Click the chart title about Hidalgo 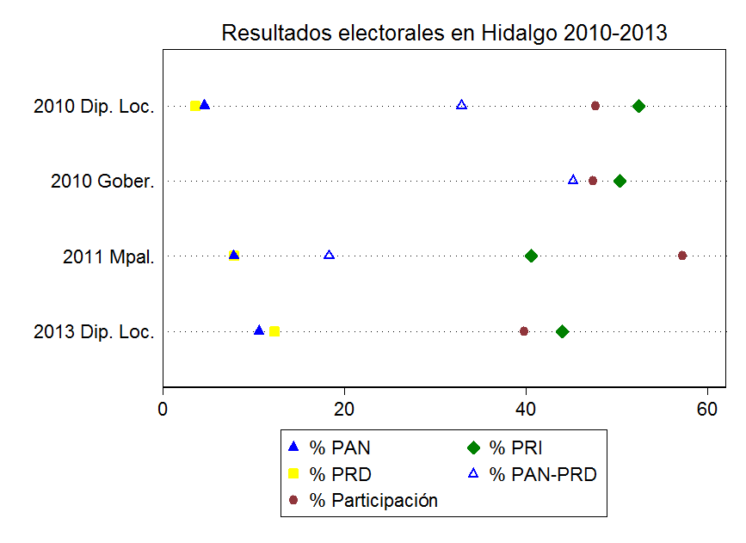click(x=445, y=34)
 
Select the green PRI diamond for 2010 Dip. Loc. click(x=638, y=106)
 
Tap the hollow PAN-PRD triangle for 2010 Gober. click(x=573, y=180)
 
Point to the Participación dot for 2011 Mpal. click(x=682, y=256)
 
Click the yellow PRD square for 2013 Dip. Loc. click(x=274, y=331)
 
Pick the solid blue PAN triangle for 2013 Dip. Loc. click(x=259, y=330)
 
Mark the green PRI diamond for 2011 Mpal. click(x=531, y=256)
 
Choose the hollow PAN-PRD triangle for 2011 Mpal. click(x=329, y=255)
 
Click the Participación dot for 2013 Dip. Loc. click(x=524, y=331)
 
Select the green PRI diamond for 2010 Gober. click(x=620, y=181)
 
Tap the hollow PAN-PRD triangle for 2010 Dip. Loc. click(x=461, y=105)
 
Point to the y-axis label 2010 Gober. click(x=102, y=182)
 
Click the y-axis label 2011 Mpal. click(x=108, y=256)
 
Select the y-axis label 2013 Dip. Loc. click(x=94, y=332)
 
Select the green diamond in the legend click(x=472, y=447)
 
